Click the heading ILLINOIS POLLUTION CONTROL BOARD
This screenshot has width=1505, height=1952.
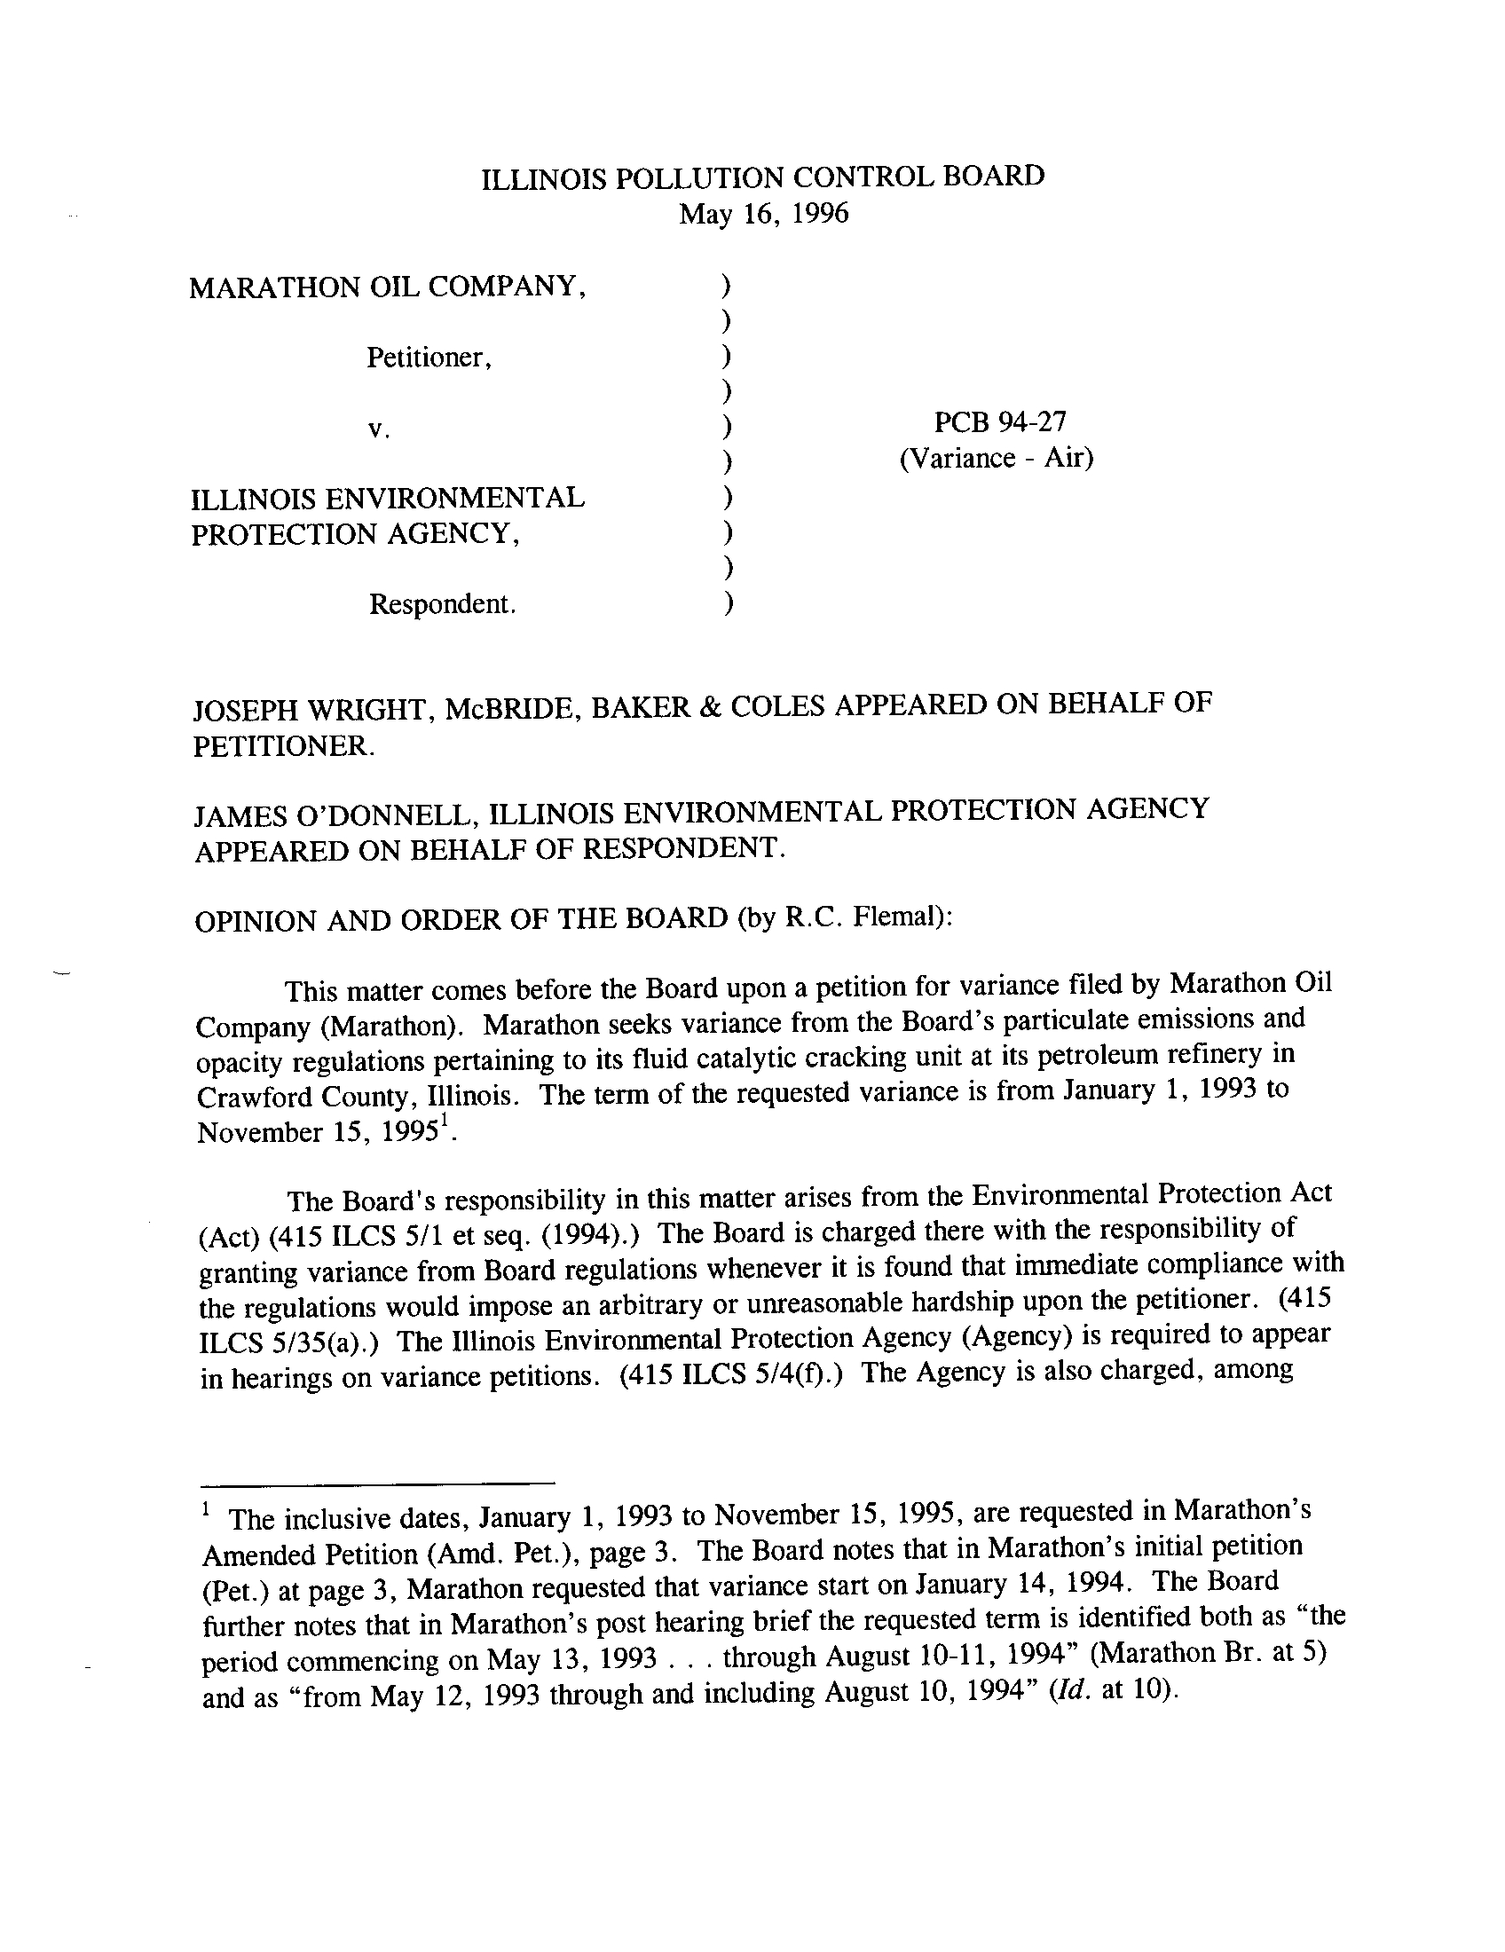point(762,177)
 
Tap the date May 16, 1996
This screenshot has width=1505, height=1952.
point(763,215)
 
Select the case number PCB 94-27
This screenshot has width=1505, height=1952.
point(999,421)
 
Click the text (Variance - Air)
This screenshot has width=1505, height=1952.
point(997,459)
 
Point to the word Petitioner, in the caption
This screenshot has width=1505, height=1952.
point(429,358)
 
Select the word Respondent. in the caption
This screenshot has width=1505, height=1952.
point(443,605)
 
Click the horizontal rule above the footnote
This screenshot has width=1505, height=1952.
point(375,1483)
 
